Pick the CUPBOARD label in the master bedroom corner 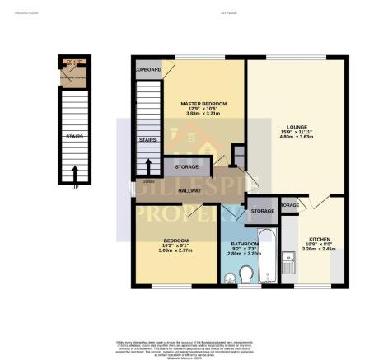(148, 69)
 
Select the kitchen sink (288, 263)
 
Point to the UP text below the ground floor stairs (75, 187)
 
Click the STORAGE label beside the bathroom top (262, 212)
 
